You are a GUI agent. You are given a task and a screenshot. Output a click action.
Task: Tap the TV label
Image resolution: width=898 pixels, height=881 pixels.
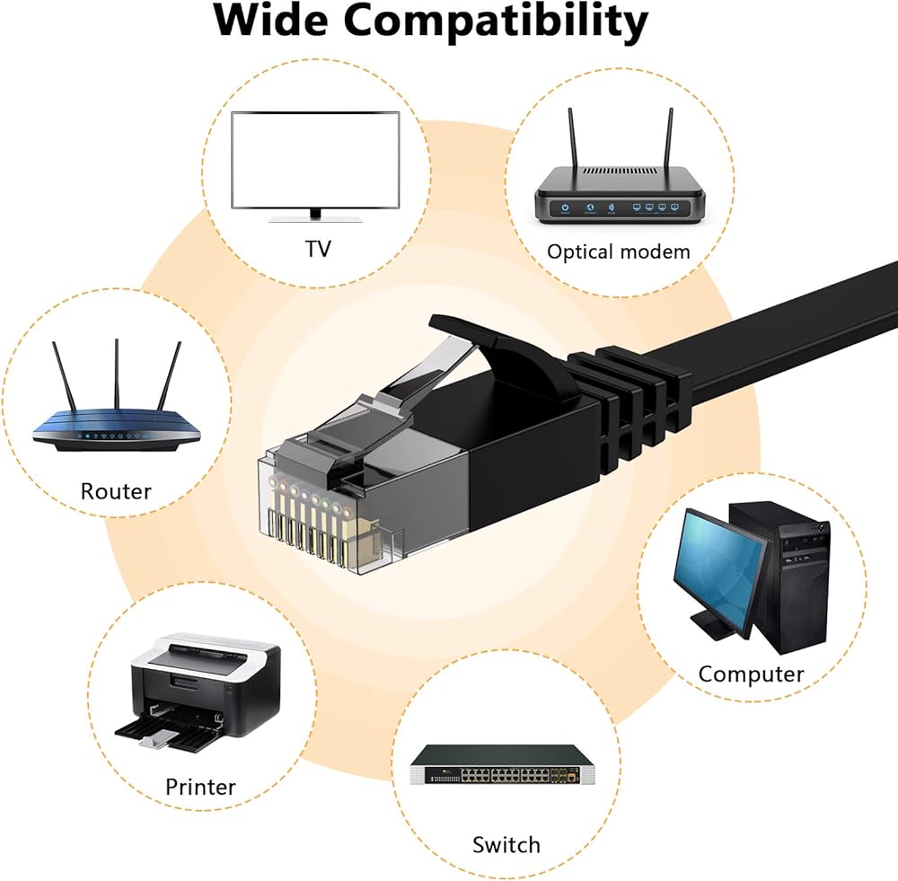(x=318, y=249)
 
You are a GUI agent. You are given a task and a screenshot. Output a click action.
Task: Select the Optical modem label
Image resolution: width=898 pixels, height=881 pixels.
(x=619, y=252)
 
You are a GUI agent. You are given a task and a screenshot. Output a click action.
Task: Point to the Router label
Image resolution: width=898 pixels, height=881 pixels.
(x=116, y=491)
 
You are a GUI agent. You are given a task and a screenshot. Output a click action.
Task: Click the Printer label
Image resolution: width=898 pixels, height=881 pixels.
(x=200, y=787)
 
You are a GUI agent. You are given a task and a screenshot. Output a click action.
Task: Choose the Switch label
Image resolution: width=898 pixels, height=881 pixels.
(x=506, y=845)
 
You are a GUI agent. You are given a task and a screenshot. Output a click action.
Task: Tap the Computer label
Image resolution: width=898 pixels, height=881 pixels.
(x=751, y=674)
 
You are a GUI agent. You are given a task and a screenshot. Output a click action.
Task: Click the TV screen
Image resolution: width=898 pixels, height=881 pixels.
(x=315, y=161)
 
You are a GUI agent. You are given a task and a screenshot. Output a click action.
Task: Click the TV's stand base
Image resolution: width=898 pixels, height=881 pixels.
(x=315, y=219)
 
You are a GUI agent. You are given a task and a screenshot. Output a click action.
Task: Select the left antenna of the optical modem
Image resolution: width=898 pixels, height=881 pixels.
(x=571, y=138)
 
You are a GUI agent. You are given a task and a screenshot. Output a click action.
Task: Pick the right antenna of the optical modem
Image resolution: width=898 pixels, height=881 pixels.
(x=669, y=138)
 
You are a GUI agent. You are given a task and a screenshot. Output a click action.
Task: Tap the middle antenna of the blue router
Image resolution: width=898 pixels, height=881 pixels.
(x=117, y=374)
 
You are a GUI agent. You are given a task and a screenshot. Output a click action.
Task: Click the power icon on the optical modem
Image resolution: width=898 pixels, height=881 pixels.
(x=565, y=207)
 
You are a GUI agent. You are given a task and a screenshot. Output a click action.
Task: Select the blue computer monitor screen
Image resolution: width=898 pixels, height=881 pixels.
(x=719, y=570)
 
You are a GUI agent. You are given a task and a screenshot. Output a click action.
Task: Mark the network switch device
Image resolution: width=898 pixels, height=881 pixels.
(x=502, y=765)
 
